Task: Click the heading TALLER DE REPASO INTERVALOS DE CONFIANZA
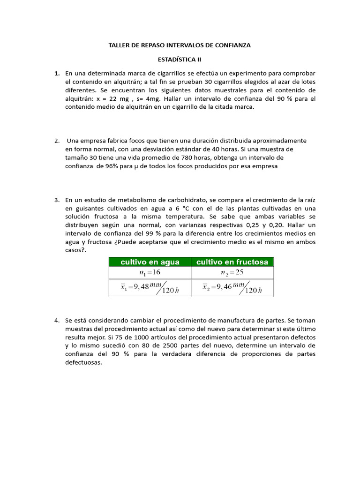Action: (x=180, y=45)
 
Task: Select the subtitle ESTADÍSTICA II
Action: (x=180, y=60)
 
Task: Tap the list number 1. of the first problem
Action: (x=57, y=74)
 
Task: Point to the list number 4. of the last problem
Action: (x=57, y=321)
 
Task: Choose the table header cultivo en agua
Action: (x=150, y=262)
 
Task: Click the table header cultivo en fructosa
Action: (x=232, y=262)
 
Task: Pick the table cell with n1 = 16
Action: (x=150, y=273)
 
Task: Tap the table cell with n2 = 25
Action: (x=232, y=273)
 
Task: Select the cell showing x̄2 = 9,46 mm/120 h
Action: (x=232, y=288)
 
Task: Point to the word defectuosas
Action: (x=83, y=363)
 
